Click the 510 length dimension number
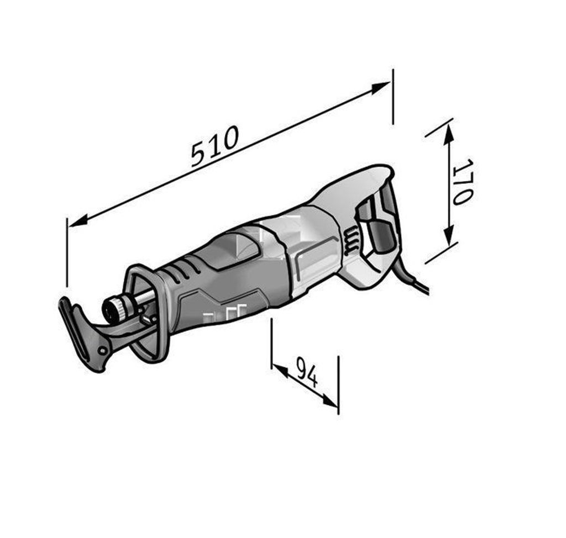pos(215,146)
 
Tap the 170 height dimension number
pos(463,182)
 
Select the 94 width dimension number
pos(307,372)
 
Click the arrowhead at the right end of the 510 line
pos(381,88)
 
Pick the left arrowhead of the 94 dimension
pos(280,371)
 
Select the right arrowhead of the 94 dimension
pos(329,400)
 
